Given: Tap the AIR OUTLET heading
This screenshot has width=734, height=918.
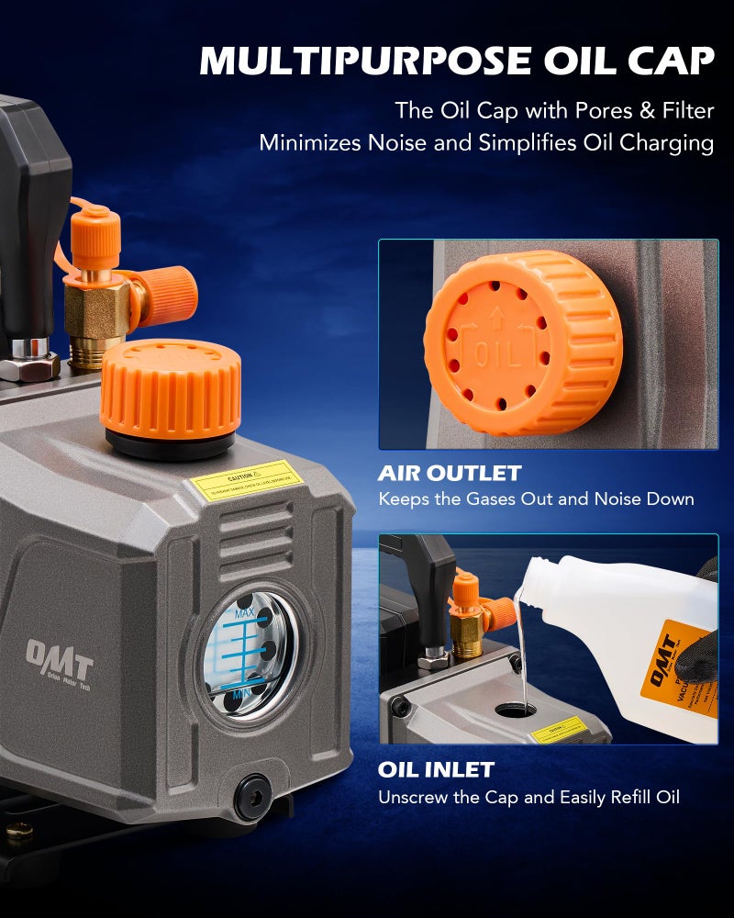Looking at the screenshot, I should (450, 474).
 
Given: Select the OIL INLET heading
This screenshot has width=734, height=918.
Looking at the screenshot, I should (436, 769).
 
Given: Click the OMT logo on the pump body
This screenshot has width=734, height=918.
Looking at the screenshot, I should (59, 658).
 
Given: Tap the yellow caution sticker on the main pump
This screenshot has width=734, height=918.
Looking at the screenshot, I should (246, 484).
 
